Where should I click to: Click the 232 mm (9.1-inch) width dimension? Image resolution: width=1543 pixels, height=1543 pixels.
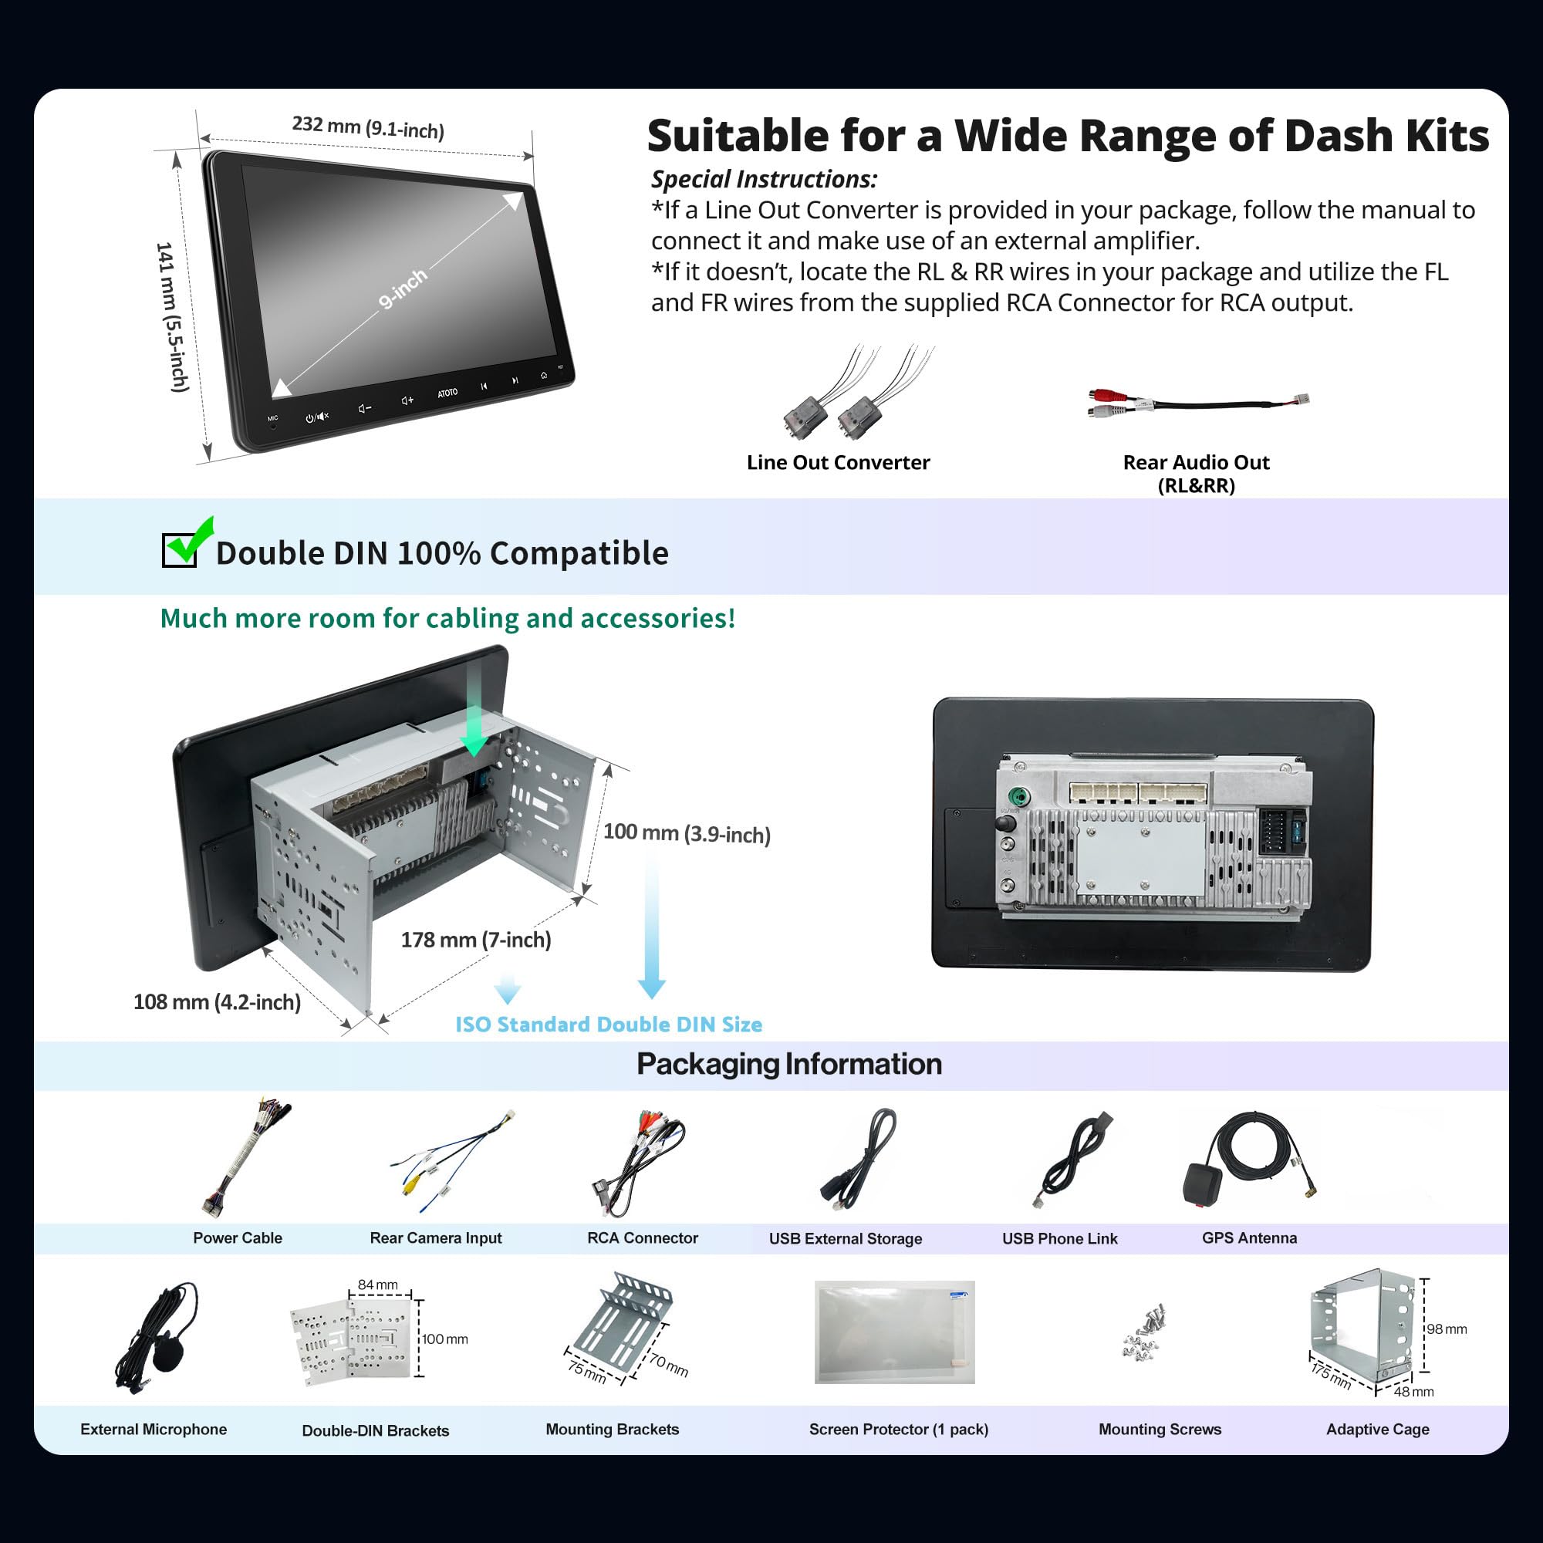[367, 127]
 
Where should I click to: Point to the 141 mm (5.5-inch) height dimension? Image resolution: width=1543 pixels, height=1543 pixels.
[171, 317]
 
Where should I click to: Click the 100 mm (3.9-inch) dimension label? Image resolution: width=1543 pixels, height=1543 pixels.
[686, 833]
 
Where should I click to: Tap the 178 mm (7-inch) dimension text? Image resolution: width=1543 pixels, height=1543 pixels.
[475, 939]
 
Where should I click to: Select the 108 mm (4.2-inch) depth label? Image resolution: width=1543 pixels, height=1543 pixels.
[217, 1001]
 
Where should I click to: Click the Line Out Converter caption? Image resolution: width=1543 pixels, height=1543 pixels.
[838, 462]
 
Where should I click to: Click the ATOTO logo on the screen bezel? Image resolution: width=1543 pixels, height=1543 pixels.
[447, 393]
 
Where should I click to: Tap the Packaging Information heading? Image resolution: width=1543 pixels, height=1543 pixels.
[789, 1064]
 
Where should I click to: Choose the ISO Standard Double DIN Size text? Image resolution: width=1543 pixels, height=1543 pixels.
[609, 1024]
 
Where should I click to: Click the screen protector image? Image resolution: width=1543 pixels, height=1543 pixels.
[893, 1332]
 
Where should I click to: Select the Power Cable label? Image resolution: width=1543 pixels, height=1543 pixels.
[237, 1238]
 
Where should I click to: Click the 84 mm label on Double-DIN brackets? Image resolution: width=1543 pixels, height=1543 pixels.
[377, 1285]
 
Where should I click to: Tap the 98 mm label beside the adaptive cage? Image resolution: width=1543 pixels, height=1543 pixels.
[1447, 1329]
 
